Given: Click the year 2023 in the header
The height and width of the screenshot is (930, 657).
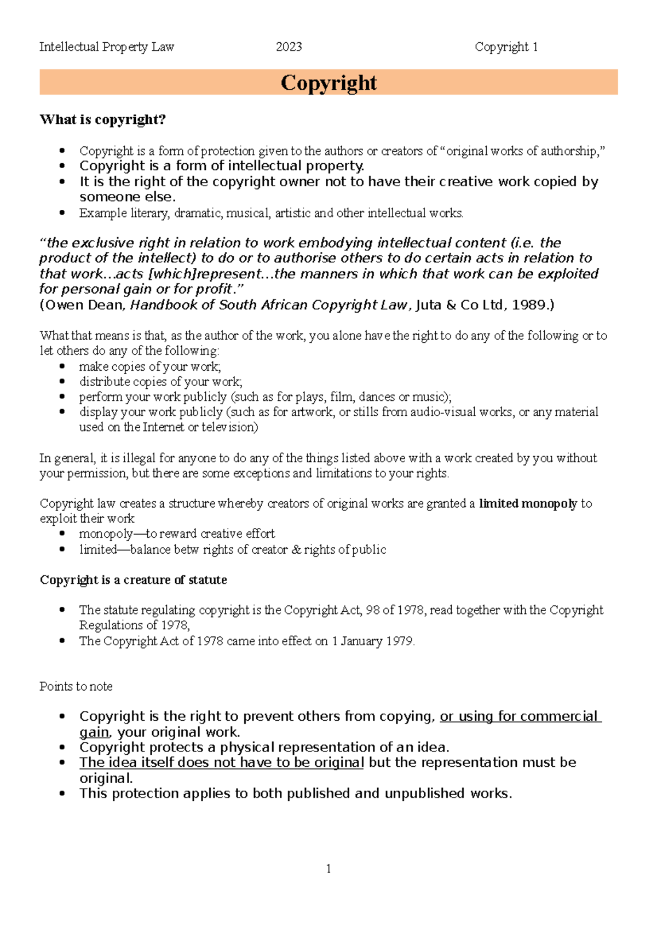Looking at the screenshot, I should click(x=289, y=47).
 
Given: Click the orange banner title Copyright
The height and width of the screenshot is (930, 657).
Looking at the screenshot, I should click(x=328, y=83).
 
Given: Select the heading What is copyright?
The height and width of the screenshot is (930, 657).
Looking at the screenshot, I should click(x=102, y=119).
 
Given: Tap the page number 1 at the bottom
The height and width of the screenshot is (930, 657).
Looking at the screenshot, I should click(x=328, y=869).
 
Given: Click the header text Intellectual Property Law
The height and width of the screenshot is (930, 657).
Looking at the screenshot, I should click(x=107, y=47).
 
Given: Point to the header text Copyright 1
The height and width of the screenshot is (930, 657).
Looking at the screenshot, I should click(x=506, y=47).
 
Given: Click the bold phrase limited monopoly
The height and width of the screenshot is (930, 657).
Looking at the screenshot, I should click(x=528, y=503).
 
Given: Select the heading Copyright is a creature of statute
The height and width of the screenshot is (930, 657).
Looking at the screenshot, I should click(x=133, y=579).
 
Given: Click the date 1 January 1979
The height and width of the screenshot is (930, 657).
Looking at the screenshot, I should click(x=372, y=641).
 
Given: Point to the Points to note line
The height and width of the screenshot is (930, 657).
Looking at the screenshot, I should click(x=76, y=686).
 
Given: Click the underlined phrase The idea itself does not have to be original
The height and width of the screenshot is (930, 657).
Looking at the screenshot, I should click(x=221, y=762).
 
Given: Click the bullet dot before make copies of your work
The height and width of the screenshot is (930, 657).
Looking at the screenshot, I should click(x=63, y=366).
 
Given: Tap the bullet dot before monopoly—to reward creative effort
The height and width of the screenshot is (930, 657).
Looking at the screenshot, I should click(x=63, y=533).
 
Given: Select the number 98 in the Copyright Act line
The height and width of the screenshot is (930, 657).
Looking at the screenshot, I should click(x=373, y=610).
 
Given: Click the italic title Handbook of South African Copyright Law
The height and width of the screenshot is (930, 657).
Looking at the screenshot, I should click(x=269, y=305).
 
